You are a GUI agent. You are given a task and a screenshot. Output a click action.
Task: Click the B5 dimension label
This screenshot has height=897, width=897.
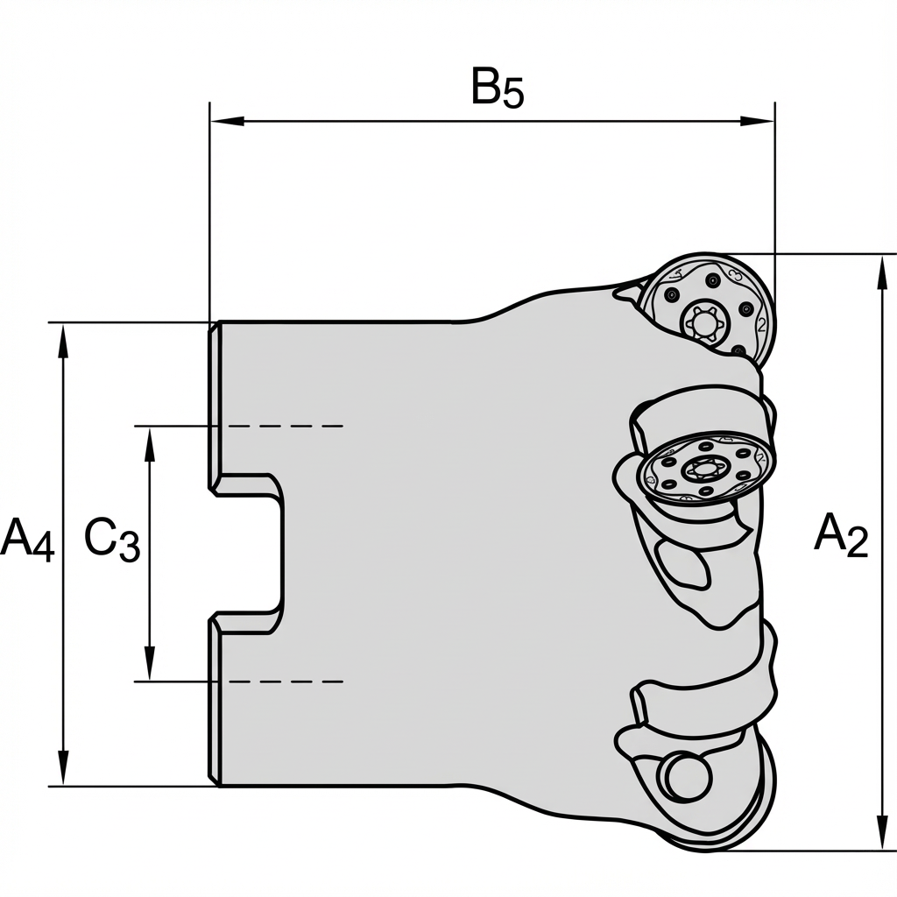tap(497, 88)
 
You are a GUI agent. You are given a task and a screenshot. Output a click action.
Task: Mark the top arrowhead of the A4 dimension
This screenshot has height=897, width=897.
tap(63, 337)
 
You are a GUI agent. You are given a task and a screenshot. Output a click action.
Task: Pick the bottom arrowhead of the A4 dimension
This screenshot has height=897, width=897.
tap(63, 771)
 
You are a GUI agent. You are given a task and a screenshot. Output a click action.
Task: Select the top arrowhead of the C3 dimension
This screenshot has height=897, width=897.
tap(150, 440)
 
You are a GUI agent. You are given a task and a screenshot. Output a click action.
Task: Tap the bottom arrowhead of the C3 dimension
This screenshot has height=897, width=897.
tap(150, 667)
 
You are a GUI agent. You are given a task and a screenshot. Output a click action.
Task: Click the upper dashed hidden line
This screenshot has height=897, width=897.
tap(280, 427)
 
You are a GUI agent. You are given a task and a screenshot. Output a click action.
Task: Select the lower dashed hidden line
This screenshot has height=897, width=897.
tap(280, 682)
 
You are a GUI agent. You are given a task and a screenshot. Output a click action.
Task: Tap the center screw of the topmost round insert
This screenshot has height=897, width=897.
tap(704, 323)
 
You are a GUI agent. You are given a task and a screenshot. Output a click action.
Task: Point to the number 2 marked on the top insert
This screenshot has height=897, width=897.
tap(761, 325)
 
